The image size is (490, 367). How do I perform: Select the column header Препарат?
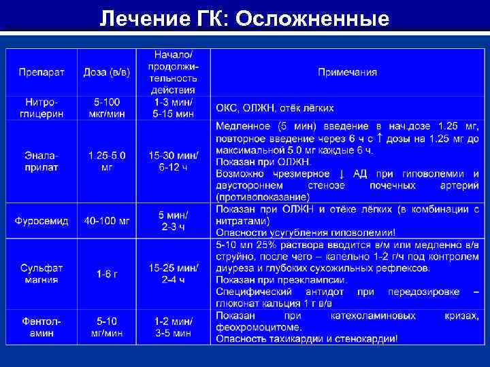click(38, 72)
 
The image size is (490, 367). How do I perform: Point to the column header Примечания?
click(347, 72)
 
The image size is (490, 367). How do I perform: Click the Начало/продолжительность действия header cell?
click(174, 72)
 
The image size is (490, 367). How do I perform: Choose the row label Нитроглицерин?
click(38, 107)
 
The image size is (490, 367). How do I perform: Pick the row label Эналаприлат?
click(38, 161)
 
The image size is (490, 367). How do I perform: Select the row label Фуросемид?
click(38, 220)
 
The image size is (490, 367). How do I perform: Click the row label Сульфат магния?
click(38, 274)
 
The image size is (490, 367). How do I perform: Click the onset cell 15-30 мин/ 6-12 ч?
click(174, 161)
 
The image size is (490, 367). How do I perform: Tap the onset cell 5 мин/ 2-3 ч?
click(174, 220)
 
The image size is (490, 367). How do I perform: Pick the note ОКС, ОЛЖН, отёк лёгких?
click(275, 108)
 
